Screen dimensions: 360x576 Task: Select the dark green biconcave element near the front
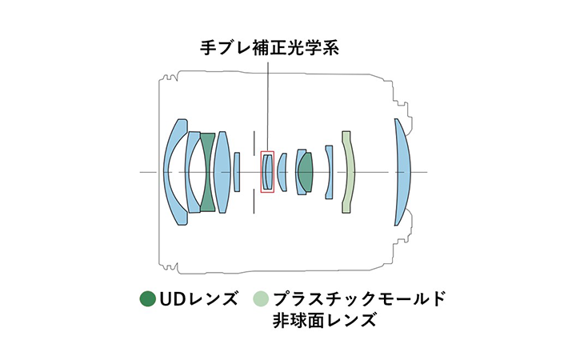(207, 172)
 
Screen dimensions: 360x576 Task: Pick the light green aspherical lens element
(347, 172)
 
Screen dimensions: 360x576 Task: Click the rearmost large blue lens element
(403, 172)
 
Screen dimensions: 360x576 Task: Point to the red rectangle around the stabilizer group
(268, 152)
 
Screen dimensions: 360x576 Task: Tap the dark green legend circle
(146, 300)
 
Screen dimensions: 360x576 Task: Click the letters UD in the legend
(172, 300)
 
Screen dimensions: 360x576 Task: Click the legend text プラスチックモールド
(358, 300)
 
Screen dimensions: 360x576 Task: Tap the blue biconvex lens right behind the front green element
(222, 172)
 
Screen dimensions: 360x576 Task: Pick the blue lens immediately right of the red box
(282, 172)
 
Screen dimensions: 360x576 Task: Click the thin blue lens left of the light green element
(329, 172)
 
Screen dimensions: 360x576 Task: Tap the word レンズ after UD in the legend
(212, 300)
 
